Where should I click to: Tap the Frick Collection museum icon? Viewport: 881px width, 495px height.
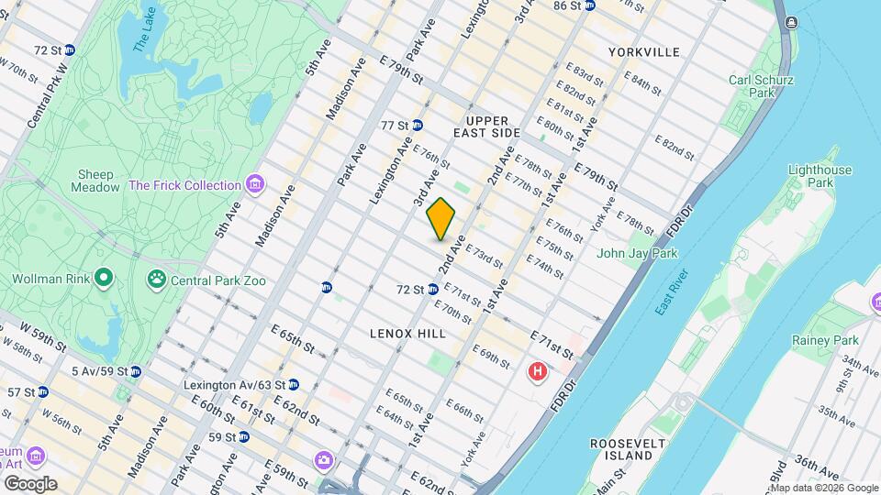coord(256,185)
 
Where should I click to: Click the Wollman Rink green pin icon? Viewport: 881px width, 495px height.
coord(104,276)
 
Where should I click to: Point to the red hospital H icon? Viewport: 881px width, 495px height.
coord(538,372)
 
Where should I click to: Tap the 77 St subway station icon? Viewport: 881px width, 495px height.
coord(417,126)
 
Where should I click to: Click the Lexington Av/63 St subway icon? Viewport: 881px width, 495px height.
coord(293,385)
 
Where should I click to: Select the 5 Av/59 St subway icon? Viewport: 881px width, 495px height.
coord(136,371)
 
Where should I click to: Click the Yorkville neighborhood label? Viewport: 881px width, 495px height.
coord(649,52)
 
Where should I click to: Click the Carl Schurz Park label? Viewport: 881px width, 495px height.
coord(762,86)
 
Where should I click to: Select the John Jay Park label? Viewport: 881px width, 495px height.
coord(637,253)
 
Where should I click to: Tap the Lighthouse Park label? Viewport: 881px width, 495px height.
coord(820,176)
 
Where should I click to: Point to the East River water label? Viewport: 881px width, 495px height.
coord(672,293)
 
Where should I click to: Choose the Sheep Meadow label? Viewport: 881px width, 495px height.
coord(95,181)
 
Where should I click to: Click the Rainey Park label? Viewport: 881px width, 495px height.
coord(823,341)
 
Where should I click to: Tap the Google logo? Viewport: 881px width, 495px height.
coord(29,484)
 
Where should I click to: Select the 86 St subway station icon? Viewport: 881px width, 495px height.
coord(590,5)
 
